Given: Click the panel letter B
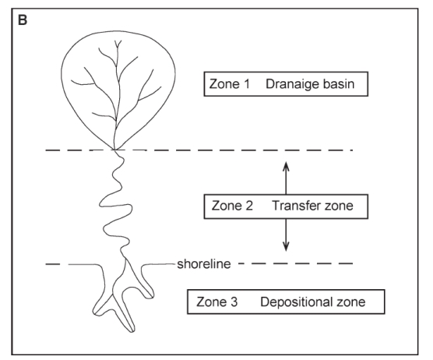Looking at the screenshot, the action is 23,20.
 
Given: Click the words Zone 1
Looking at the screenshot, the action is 229,84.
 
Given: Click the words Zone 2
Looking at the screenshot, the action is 232,206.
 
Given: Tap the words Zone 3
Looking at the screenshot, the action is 216,302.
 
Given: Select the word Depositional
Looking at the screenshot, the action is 296,302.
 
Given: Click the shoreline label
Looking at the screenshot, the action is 204,264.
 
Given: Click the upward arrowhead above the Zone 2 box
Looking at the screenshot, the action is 286,166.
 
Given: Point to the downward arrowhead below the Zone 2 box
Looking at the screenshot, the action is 286,247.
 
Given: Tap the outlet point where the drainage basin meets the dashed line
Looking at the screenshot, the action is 115,150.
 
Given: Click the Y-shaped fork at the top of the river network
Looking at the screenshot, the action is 118,44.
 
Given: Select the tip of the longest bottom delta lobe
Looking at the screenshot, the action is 132,330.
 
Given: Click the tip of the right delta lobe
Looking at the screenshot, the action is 151,296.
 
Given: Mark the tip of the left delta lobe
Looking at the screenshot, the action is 96,312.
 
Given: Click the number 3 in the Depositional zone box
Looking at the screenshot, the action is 234,302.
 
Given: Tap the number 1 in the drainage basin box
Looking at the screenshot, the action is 246,84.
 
